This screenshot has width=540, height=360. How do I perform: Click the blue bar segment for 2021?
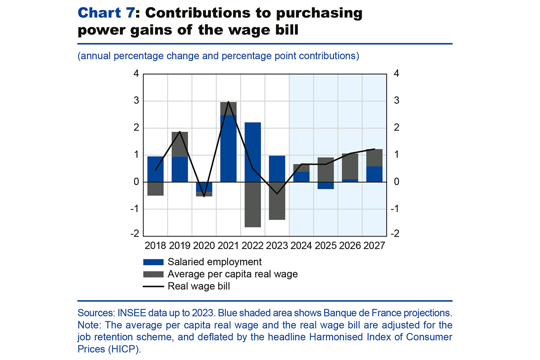[228, 148]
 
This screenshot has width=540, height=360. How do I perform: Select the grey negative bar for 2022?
[253, 205]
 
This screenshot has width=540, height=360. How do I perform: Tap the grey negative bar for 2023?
[277, 201]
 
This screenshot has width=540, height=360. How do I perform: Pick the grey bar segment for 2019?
[179, 144]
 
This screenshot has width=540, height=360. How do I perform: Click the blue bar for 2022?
[253, 152]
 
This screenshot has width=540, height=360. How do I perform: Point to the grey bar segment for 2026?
[350, 166]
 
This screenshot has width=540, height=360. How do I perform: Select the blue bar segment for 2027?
[374, 174]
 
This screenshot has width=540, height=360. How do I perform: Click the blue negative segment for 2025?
[326, 185]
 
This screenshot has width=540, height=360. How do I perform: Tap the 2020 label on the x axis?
[204, 245]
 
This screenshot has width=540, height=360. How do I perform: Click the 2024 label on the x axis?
[301, 245]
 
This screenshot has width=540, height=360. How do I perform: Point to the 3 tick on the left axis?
[136, 101]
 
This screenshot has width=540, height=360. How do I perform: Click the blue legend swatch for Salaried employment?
[153, 262]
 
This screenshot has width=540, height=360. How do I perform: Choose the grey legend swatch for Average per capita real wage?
[153, 274]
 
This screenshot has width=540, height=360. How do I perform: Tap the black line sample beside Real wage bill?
[153, 286]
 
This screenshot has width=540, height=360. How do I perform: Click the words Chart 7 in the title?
[106, 13]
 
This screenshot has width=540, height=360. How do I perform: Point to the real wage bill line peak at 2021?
[228, 102]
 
